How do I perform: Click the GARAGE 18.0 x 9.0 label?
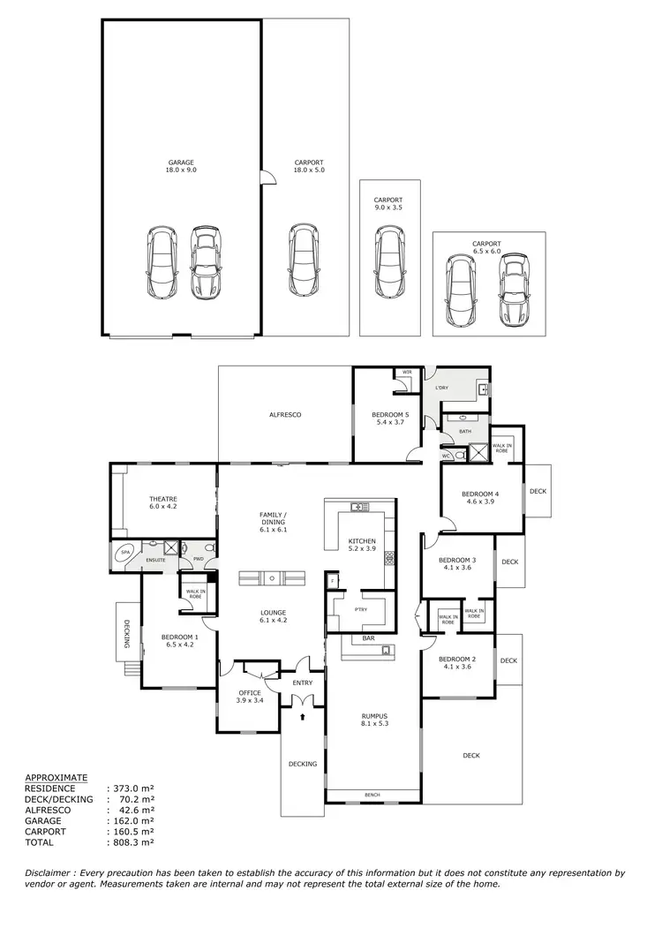pyautogui.click(x=180, y=166)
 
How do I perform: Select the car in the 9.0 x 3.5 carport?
pyautogui.click(x=388, y=262)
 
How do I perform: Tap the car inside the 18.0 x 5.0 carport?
pyautogui.click(x=305, y=260)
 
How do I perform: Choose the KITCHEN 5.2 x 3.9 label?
pyautogui.click(x=362, y=546)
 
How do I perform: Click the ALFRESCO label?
pyautogui.click(x=285, y=414)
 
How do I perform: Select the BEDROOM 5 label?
pyautogui.click(x=389, y=419)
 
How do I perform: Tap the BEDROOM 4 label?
pyautogui.click(x=483, y=498)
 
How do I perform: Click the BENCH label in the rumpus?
pyautogui.click(x=372, y=796)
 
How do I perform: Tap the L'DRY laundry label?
pyautogui.click(x=441, y=388)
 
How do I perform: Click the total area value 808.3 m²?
pyautogui.click(x=132, y=843)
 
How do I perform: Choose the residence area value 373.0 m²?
pyautogui.click(x=132, y=788)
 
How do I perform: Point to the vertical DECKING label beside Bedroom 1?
pyautogui.click(x=127, y=632)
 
